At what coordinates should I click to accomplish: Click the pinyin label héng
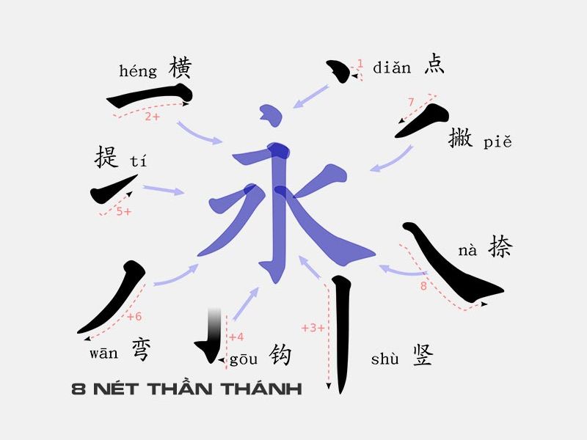coord(138,71)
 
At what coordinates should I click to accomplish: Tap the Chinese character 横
coord(180,67)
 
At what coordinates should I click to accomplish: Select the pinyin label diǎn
coord(392,68)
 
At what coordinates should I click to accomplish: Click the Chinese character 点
coord(434,65)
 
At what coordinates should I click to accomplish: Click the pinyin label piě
coord(497,142)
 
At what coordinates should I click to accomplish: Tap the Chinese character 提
coord(107,156)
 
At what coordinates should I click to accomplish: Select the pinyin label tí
coord(138,161)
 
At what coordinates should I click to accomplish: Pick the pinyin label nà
coord(467,251)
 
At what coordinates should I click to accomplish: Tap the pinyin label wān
coord(103,353)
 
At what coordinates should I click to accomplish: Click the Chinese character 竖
coord(423,355)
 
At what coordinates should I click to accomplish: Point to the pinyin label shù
coord(385,359)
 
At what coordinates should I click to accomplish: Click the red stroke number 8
coord(423,286)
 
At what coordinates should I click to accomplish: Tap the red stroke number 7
coord(411,102)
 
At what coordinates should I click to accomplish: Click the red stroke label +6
coord(134,317)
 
